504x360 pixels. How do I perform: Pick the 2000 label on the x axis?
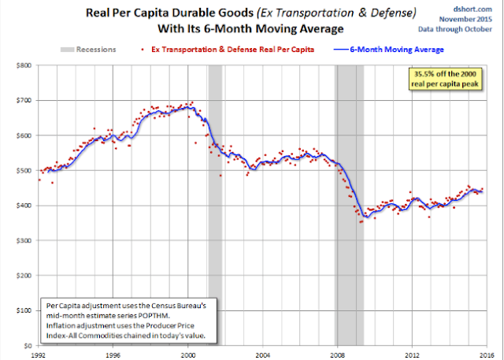tap(188, 355)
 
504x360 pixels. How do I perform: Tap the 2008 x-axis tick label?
tap(336, 355)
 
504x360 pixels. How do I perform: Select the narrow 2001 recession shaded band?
tap(215, 205)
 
